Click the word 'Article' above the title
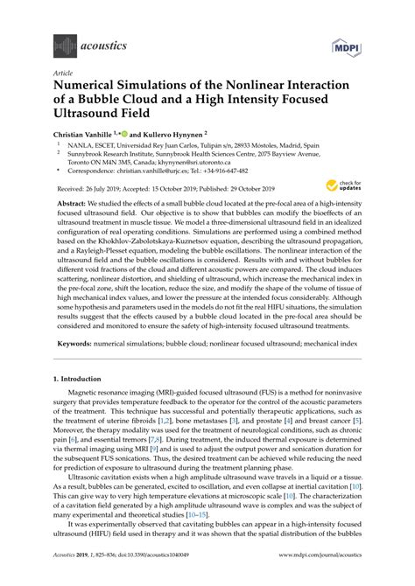click(x=64, y=73)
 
